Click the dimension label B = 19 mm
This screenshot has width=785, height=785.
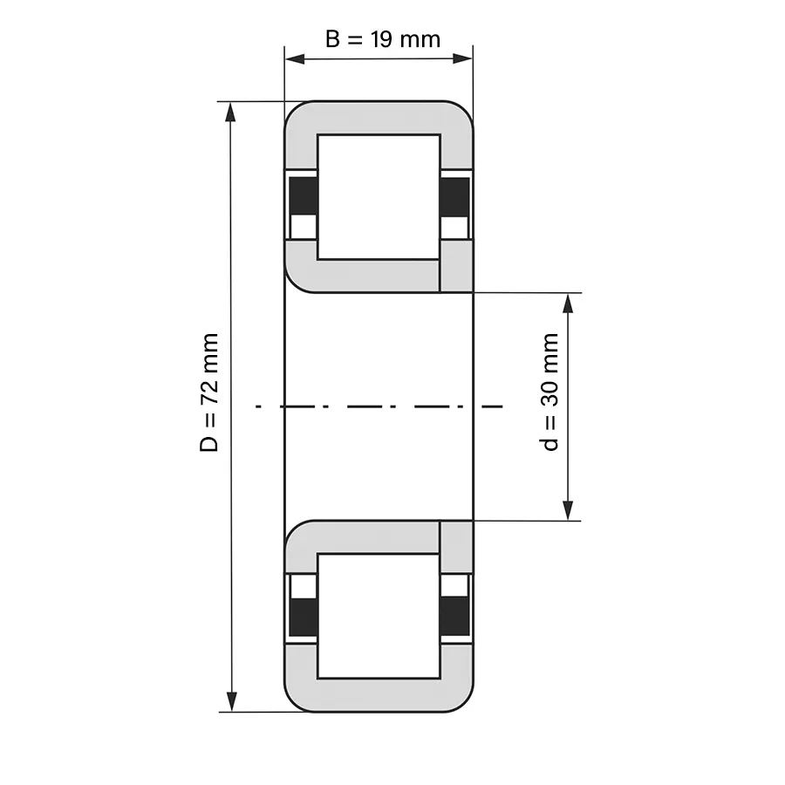tap(383, 39)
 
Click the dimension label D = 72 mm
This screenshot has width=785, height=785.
tap(209, 392)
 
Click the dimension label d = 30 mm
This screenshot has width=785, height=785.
tap(549, 392)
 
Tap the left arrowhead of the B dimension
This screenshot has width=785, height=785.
tap(295, 58)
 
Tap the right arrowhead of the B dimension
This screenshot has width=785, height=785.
tap(462, 58)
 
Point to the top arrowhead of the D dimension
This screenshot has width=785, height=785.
tap(230, 113)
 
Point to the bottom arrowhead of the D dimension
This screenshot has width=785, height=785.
tap(231, 701)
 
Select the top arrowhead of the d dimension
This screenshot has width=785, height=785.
tap(568, 304)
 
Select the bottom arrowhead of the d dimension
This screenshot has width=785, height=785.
tap(568, 510)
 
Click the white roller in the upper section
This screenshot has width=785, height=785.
tap(379, 197)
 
